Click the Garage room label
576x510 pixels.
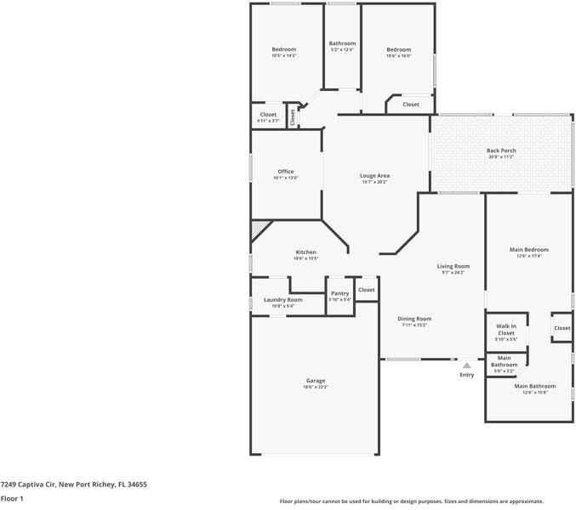tap(316, 380)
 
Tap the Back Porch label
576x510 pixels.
tap(501, 150)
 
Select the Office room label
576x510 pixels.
tap(285, 172)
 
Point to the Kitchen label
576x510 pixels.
tap(305, 252)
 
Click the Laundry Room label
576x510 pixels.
tap(283, 299)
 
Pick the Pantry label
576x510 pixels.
tap(339, 293)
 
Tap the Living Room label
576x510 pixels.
tap(453, 266)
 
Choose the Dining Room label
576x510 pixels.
tap(414, 319)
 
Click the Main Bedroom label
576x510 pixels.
tap(529, 250)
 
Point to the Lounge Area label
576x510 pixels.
tap(374, 176)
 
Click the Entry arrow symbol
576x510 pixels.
tap(466, 365)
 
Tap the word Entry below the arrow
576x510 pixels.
tap(467, 375)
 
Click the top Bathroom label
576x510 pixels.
tap(342, 43)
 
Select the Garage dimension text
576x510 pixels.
tap(316, 387)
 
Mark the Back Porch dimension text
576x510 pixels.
tap(501, 157)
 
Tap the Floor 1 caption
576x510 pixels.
tap(12, 498)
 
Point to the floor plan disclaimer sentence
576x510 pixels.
tap(411, 501)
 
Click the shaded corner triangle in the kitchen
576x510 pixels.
tap(258, 228)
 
